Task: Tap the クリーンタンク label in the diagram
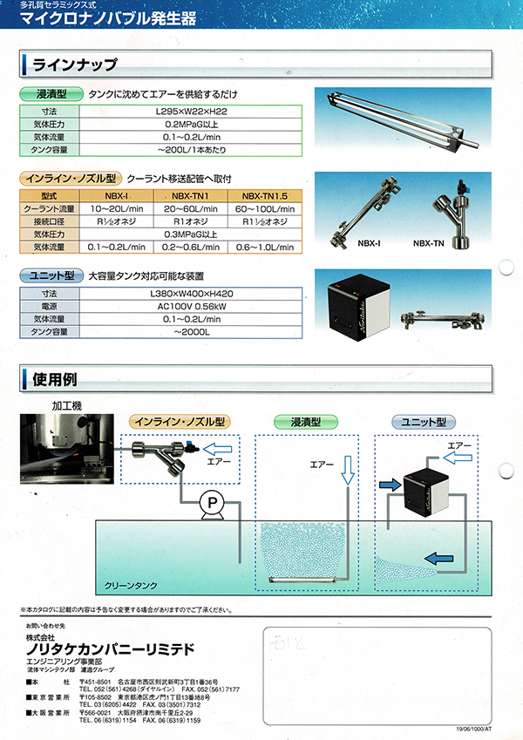[130, 587]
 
